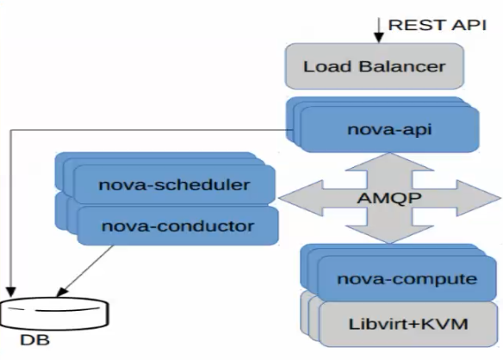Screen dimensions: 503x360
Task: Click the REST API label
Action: (438, 25)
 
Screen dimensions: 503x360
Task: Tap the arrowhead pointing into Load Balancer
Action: (379, 38)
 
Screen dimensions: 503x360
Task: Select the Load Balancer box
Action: (375, 66)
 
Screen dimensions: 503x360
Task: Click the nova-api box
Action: (390, 129)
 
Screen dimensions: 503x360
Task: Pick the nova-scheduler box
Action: (174, 184)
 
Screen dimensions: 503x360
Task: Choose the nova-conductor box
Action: (177, 226)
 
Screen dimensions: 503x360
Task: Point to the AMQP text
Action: (389, 198)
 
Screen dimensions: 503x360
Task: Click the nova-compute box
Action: (407, 278)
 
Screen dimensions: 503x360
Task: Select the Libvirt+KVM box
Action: (408, 324)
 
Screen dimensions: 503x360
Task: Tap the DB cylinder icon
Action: (54, 313)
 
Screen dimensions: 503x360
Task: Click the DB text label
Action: (35, 340)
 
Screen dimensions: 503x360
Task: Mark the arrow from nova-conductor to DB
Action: (85, 271)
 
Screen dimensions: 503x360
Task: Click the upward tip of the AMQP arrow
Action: (390, 153)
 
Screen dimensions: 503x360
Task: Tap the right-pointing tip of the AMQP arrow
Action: (500, 197)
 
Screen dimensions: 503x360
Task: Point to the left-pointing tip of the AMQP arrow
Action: (279, 197)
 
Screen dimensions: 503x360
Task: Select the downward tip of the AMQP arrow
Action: (390, 243)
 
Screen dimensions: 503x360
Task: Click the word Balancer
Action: (402, 66)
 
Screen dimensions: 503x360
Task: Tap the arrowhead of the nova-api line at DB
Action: (11, 292)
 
